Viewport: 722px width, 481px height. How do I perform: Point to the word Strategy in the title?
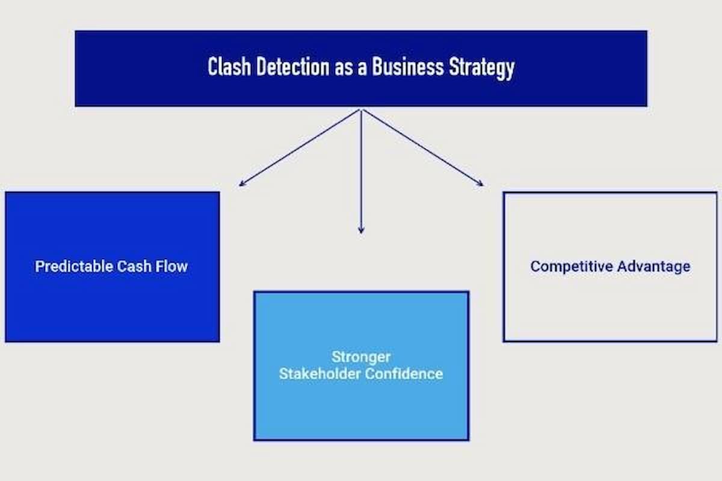click(x=482, y=67)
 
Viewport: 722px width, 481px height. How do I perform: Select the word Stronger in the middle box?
click(x=361, y=357)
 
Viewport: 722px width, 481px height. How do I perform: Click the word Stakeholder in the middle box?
click(x=319, y=373)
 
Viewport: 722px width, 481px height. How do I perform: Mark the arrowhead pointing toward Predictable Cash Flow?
click(x=241, y=184)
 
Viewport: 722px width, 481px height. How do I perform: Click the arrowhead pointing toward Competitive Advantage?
click(x=481, y=184)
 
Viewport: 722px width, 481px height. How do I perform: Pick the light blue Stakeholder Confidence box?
click(x=361, y=409)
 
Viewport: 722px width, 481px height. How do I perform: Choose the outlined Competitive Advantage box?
click(x=610, y=307)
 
